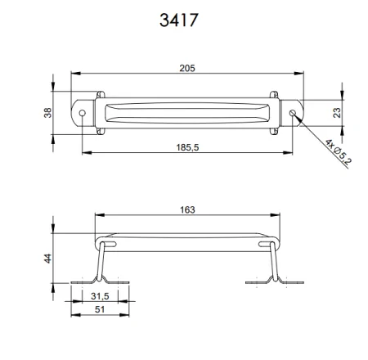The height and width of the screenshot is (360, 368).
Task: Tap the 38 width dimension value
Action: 47,113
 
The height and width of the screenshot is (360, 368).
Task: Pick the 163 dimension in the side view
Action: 187,209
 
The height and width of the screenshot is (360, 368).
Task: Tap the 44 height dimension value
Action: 47,259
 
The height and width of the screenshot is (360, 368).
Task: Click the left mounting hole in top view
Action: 82,114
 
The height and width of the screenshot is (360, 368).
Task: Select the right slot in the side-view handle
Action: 267,243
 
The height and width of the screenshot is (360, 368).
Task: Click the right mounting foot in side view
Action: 275,282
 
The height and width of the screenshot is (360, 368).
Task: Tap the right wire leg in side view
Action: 276,263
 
